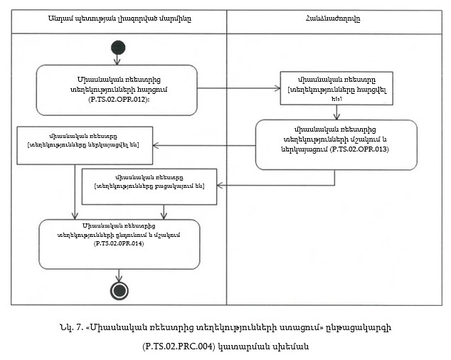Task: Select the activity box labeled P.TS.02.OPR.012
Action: (116, 90)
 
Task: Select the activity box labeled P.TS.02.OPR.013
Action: (336, 144)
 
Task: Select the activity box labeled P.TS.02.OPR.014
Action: (120, 244)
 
